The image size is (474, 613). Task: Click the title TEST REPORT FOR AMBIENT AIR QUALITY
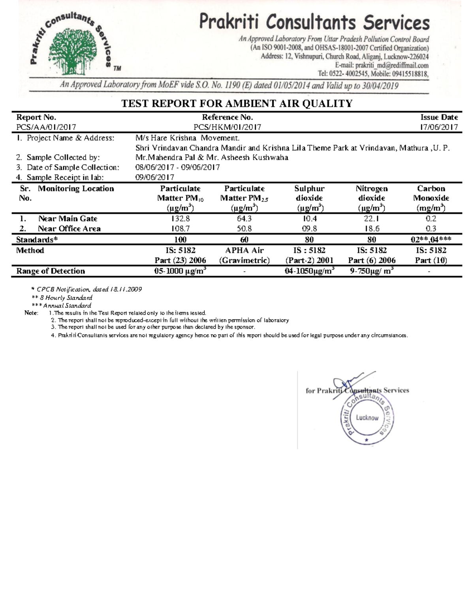pyautogui.click(x=237, y=104)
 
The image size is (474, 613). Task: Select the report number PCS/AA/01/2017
pyautogui.click(x=46, y=127)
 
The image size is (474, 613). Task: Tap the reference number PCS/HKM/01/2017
pyautogui.click(x=227, y=127)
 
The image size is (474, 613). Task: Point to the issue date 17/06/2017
pyautogui.click(x=439, y=127)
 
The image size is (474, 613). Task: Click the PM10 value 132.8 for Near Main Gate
pyautogui.click(x=181, y=219)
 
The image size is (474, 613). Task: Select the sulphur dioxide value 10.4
pyautogui.click(x=309, y=219)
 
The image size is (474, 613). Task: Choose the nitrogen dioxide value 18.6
pyautogui.click(x=371, y=229)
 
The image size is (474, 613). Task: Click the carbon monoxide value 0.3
pyautogui.click(x=431, y=229)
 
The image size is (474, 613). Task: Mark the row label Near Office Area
pyautogui.click(x=69, y=229)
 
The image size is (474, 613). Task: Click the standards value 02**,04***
pyautogui.click(x=431, y=240)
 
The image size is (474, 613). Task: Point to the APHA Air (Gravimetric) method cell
pyautogui.click(x=245, y=255)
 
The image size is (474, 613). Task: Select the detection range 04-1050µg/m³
pyautogui.click(x=309, y=271)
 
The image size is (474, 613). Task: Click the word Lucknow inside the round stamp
pyautogui.click(x=367, y=418)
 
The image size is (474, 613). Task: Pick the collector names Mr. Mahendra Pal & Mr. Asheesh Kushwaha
pyautogui.click(x=212, y=157)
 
